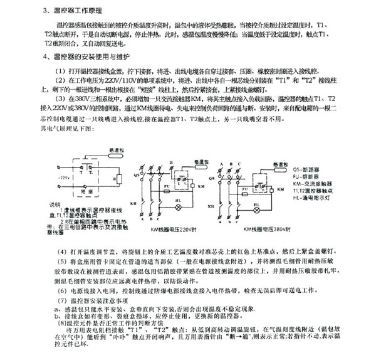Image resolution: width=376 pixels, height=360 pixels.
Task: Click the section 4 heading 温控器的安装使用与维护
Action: pos(94,56)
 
